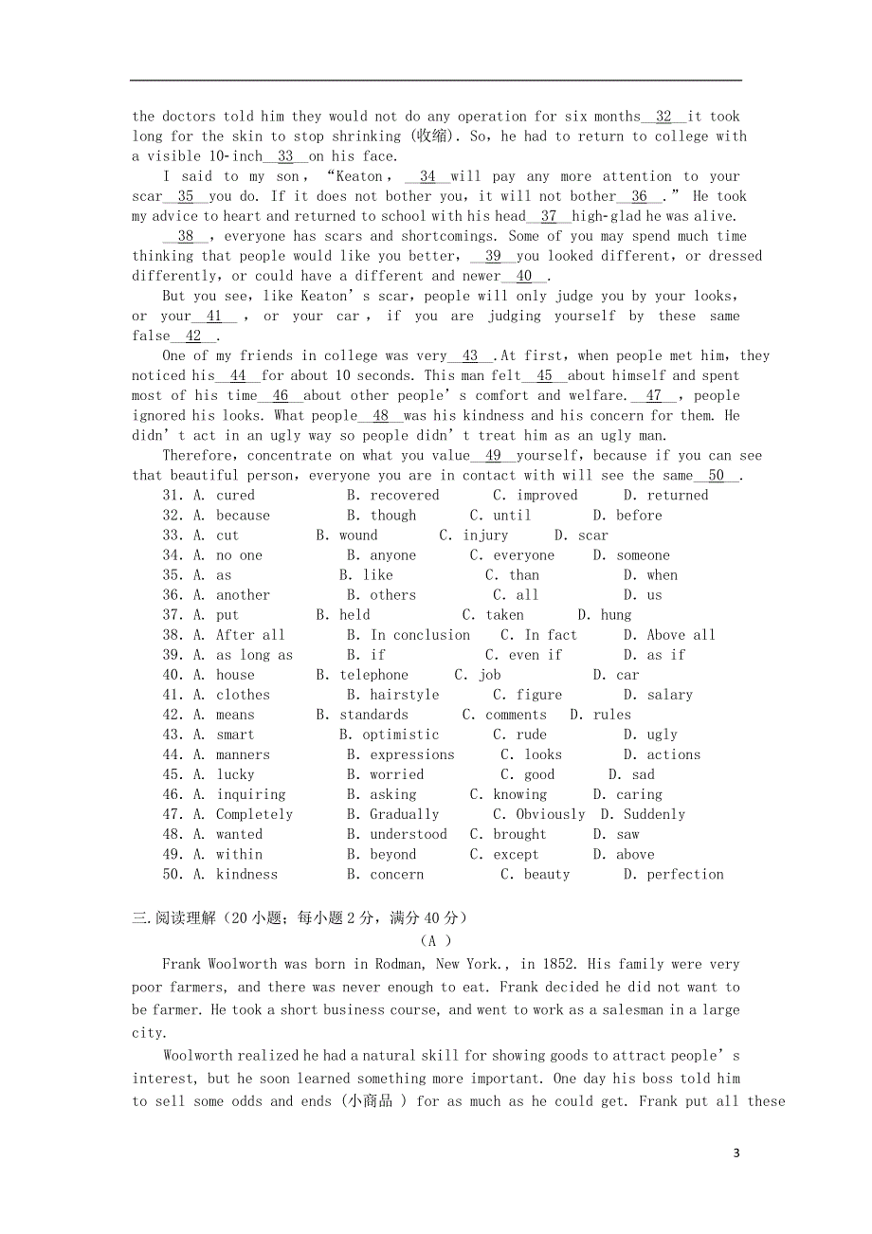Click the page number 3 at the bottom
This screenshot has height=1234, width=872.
(736, 1153)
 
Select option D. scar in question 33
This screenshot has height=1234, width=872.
(581, 535)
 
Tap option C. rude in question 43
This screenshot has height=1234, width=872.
(519, 735)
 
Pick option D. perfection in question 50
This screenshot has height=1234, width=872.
(673, 874)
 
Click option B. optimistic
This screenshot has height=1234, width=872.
(389, 735)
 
